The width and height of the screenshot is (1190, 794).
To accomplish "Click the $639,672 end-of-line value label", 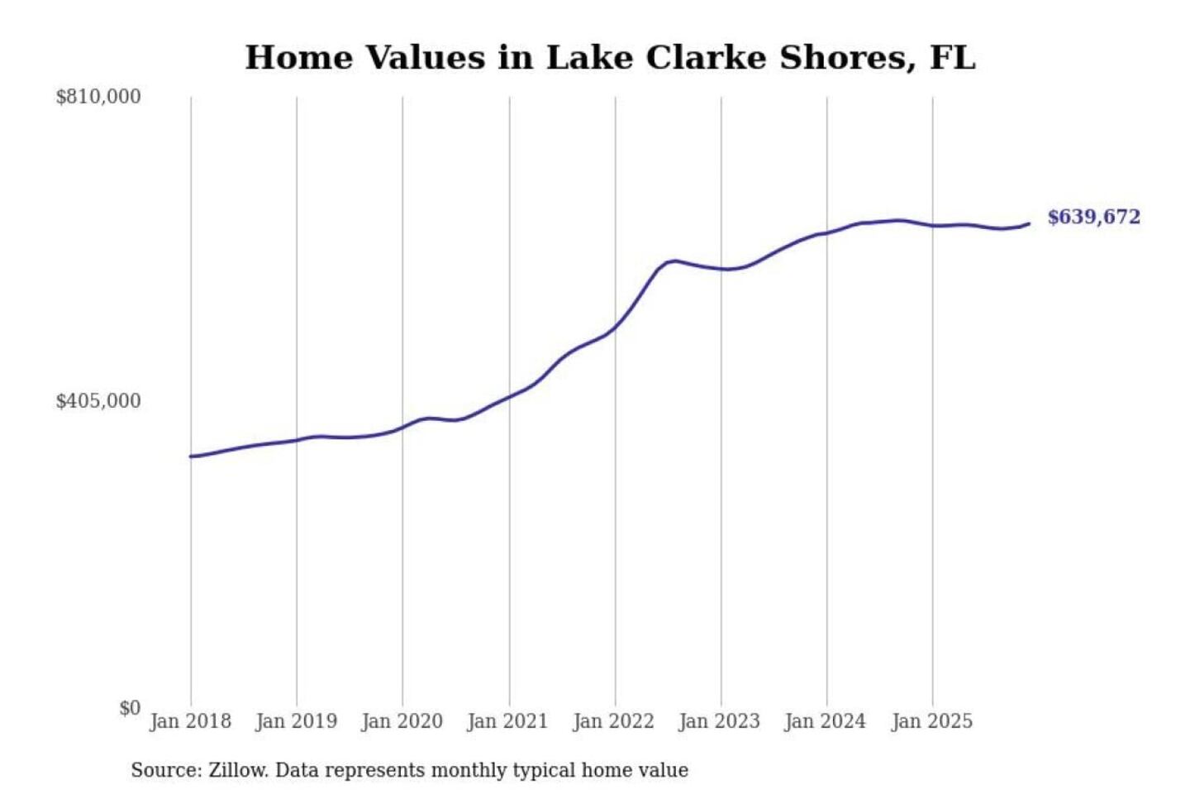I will click(x=1093, y=218).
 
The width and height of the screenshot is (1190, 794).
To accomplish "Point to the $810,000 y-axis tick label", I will click(x=98, y=97).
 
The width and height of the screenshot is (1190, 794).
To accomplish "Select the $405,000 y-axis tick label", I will click(x=98, y=401).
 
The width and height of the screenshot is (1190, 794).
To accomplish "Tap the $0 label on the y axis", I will click(x=130, y=708).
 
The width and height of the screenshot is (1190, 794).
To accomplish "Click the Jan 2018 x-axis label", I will click(x=190, y=721).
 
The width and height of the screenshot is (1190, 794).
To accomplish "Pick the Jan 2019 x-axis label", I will click(x=296, y=721).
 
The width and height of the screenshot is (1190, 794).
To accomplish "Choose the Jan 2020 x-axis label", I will click(x=402, y=721).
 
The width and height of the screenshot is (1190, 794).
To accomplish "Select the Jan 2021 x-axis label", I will click(x=507, y=721).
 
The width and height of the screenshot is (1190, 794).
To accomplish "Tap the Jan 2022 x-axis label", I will click(x=613, y=721).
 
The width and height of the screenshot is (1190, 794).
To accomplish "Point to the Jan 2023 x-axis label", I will click(x=719, y=721).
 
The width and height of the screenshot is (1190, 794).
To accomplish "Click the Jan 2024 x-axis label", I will click(x=825, y=721).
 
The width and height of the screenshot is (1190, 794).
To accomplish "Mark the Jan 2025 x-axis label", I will click(x=931, y=721).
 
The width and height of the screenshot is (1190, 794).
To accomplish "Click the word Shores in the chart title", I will click(x=847, y=58).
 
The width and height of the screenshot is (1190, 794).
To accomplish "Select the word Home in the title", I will click(x=298, y=58).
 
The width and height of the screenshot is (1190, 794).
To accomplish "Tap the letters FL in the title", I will click(x=952, y=58).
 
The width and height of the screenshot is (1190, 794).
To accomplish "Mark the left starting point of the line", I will click(x=191, y=457).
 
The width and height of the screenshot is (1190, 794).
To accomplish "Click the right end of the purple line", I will click(x=1029, y=223).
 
